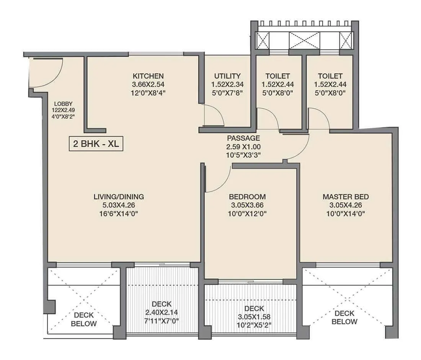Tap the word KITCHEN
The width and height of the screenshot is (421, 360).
pos(148,76)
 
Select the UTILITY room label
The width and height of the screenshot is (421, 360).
pos(227,76)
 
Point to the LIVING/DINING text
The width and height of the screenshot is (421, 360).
pos(119,197)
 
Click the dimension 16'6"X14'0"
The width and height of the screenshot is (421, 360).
pos(119,214)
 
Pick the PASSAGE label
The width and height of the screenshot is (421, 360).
pos(243,138)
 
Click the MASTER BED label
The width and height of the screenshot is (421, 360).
pos(346,197)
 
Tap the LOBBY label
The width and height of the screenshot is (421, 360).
pos(63,104)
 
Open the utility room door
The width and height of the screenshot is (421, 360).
pos(214,115)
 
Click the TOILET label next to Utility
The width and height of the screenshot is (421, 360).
pos(276,76)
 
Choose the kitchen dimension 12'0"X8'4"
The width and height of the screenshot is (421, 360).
pos(148,93)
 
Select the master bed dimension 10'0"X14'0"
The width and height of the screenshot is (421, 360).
pos(346,214)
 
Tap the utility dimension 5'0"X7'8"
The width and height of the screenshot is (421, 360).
pos(227,93)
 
